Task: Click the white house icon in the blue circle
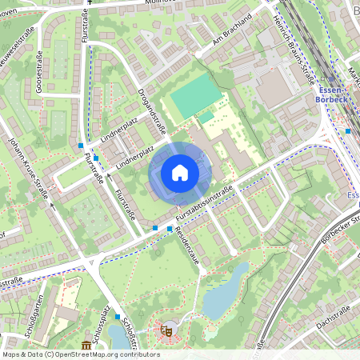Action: click(180, 173)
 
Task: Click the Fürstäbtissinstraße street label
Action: click(206, 203)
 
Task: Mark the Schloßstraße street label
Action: click(129, 335)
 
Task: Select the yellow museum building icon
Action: click(85, 345)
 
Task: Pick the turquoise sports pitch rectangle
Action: click(192, 100)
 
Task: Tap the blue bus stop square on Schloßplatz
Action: click(117, 317)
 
